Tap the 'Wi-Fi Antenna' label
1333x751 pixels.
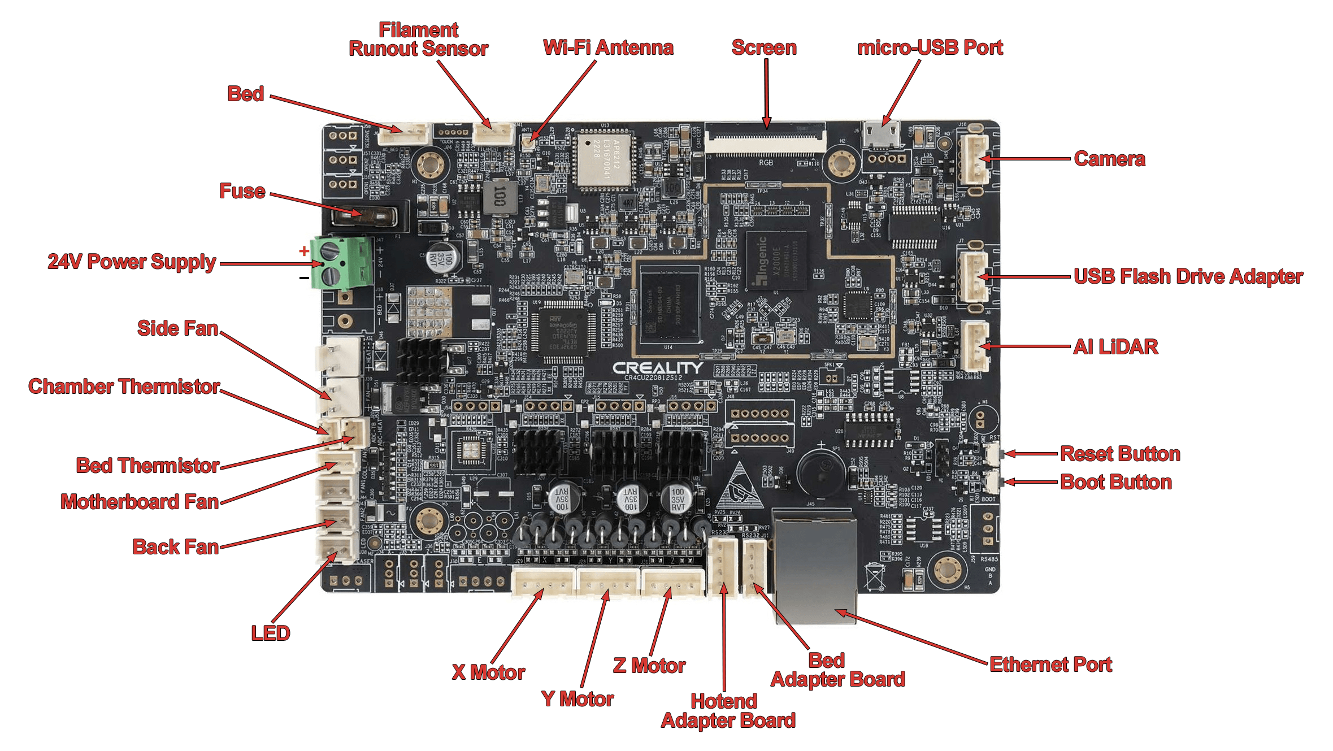tap(608, 47)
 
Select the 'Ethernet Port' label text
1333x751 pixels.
tap(1050, 665)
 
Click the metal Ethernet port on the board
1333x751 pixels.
tap(814, 565)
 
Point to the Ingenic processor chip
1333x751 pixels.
tap(775, 261)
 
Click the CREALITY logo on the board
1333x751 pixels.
tap(658, 368)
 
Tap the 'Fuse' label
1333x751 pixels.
tap(242, 191)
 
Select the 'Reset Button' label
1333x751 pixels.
tap(1119, 454)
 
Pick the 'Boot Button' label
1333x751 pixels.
tap(1115, 482)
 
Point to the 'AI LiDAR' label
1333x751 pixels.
tap(1115, 346)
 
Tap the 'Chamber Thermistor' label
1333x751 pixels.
tap(124, 387)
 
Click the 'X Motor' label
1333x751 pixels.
tap(488, 672)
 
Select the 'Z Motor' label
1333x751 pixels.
tap(649, 666)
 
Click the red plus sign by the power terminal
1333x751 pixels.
tap(304, 250)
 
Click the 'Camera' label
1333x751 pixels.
tap(1109, 159)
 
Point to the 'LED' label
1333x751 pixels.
tap(270, 633)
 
